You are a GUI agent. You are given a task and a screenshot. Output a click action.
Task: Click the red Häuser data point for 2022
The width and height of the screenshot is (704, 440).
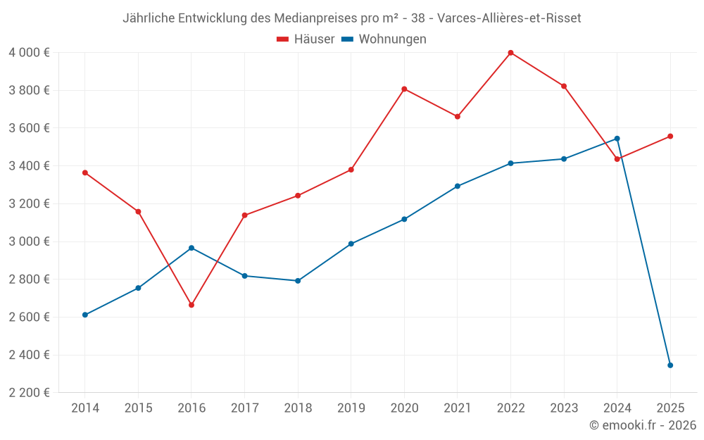click(x=510, y=53)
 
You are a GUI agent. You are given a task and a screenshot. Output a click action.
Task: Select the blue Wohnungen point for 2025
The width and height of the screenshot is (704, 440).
click(x=670, y=365)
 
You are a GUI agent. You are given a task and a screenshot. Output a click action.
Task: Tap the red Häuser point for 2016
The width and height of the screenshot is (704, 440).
click(x=191, y=305)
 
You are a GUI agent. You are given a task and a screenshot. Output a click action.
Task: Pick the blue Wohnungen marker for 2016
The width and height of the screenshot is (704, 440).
click(x=191, y=248)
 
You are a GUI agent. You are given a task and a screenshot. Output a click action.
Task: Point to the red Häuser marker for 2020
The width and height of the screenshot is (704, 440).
click(x=404, y=89)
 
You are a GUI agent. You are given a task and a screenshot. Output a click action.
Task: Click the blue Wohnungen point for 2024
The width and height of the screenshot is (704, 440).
click(x=617, y=139)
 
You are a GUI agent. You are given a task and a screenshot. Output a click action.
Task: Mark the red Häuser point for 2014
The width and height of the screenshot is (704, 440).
click(x=85, y=172)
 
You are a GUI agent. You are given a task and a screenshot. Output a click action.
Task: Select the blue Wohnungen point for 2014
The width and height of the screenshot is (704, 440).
click(x=85, y=315)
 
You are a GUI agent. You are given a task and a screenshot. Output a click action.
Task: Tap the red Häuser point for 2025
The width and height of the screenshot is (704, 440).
click(x=670, y=136)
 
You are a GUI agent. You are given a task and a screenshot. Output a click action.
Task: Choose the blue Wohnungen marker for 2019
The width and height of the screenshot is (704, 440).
click(x=351, y=244)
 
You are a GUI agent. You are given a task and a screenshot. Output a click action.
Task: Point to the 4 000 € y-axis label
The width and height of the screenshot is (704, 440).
click(x=29, y=53)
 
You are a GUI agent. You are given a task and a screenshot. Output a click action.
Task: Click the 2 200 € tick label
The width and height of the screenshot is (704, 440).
click(x=29, y=393)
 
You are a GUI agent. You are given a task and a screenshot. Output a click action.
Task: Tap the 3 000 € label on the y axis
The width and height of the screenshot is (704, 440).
click(x=29, y=241)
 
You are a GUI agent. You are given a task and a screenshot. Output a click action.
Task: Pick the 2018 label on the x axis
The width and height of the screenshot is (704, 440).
click(x=298, y=408)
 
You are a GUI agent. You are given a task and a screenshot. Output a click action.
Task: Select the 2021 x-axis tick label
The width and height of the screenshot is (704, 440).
click(x=457, y=408)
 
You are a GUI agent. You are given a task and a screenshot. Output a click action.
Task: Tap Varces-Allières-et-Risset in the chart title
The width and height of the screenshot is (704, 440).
click(x=509, y=18)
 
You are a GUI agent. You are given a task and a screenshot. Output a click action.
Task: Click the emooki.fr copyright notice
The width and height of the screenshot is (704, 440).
click(x=642, y=425)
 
